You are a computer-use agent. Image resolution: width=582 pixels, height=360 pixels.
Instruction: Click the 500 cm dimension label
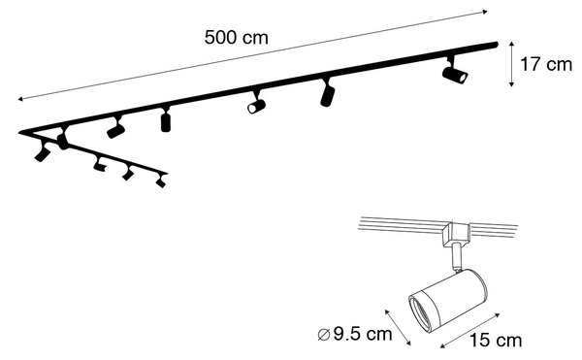(x=236, y=38)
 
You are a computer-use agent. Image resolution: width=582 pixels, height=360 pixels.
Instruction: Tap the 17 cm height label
(x=546, y=64)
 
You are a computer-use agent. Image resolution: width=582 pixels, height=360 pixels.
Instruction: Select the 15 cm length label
(x=496, y=341)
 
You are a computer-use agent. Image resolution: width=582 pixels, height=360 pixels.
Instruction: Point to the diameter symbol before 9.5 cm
(x=324, y=335)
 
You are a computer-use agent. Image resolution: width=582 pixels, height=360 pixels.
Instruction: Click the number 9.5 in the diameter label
(x=347, y=334)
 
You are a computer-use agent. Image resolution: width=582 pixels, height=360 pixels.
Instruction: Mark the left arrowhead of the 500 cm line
(x=20, y=99)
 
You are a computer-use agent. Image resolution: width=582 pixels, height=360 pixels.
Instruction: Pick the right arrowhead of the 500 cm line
(x=485, y=12)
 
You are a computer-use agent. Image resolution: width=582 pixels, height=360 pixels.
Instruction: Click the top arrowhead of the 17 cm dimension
(x=511, y=45)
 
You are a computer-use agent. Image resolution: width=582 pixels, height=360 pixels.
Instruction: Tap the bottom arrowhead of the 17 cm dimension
(x=511, y=84)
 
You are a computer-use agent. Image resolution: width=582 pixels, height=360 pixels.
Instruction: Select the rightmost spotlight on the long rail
(x=455, y=73)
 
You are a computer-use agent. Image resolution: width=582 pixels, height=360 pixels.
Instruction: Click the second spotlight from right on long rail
(x=327, y=94)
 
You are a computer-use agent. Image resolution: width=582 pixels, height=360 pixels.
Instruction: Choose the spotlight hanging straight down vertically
(x=166, y=120)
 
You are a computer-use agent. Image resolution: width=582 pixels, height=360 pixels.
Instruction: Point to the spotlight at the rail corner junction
(x=63, y=139)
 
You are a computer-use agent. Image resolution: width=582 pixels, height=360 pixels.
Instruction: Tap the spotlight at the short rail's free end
(x=161, y=180)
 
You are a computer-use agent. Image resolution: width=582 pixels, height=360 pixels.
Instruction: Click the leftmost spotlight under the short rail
(x=43, y=152)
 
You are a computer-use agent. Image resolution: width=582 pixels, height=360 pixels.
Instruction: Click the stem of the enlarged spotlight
(x=457, y=256)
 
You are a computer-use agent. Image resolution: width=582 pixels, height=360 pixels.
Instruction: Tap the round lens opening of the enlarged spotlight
(x=421, y=312)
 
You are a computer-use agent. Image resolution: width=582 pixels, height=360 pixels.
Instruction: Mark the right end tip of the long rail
(x=497, y=45)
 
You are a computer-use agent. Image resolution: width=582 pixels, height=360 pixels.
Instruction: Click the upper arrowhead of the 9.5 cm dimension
(x=387, y=311)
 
